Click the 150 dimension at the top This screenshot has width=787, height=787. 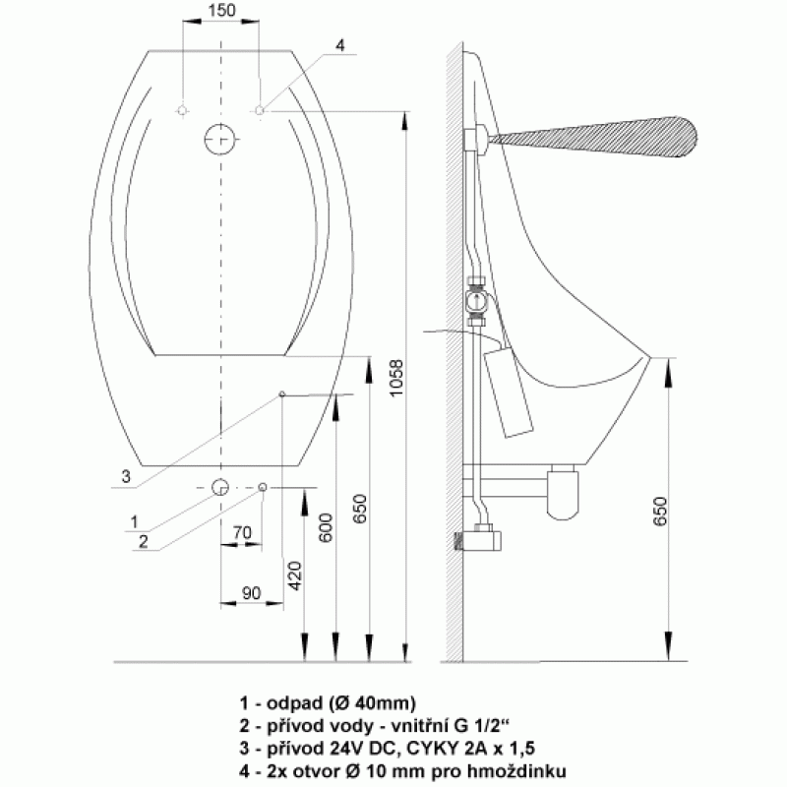(x=221, y=11)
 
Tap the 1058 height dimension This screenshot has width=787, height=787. (x=396, y=378)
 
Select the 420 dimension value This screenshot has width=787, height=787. (x=295, y=575)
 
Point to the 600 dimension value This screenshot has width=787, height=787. (x=326, y=527)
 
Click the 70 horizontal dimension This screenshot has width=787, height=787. (x=242, y=532)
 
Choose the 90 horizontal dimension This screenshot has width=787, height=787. (x=252, y=593)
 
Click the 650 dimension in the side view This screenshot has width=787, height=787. (x=660, y=511)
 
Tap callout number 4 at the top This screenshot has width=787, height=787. (x=339, y=45)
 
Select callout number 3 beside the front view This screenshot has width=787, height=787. (x=126, y=476)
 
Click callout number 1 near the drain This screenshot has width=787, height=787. (x=134, y=522)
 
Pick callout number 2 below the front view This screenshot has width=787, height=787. (x=144, y=542)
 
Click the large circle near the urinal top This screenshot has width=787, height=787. (x=219, y=139)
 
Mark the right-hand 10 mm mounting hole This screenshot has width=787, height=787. (x=260, y=110)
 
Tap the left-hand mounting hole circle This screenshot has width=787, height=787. (x=183, y=110)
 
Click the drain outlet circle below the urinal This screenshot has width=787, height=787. (x=220, y=487)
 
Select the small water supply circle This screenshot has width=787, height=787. (x=263, y=487)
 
